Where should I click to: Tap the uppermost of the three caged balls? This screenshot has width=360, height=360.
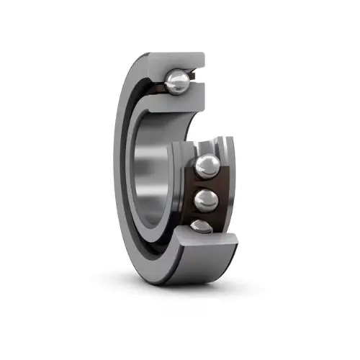207,166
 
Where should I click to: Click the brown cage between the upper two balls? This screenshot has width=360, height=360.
209,184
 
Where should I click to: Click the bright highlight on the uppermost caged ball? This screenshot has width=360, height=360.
204,163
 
